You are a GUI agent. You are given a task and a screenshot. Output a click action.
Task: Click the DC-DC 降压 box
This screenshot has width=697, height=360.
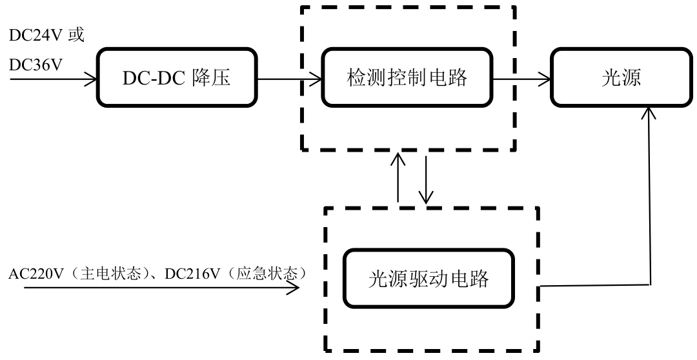pyautogui.click(x=176, y=79)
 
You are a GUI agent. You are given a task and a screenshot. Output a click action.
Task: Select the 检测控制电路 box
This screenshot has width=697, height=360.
pyautogui.click(x=406, y=79)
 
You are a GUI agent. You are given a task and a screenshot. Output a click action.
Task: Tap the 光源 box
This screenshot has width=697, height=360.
pyautogui.click(x=618, y=79)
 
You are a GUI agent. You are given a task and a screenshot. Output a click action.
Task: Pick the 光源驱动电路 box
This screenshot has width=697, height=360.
pyautogui.click(x=429, y=279)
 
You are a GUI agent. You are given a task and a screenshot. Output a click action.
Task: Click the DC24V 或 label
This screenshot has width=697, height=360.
pyautogui.click(x=46, y=35)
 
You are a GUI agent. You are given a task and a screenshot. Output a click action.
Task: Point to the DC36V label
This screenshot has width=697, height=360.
pyautogui.click(x=35, y=64)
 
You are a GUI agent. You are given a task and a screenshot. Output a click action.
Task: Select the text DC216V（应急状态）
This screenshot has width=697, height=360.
pyautogui.click(x=234, y=274)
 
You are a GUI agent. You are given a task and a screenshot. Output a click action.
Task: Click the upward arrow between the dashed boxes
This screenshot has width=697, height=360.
pyautogui.click(x=399, y=177)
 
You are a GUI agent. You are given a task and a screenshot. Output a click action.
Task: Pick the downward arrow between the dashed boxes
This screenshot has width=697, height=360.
pyautogui.click(x=426, y=177)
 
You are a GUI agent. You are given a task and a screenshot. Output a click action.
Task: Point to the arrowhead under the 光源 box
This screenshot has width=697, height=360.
pyautogui.click(x=650, y=114)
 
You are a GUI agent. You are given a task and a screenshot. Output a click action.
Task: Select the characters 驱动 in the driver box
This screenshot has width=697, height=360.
pyautogui.click(x=429, y=279)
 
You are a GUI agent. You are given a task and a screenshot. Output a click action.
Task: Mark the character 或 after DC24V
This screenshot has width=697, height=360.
pyautogui.click(x=76, y=35)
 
